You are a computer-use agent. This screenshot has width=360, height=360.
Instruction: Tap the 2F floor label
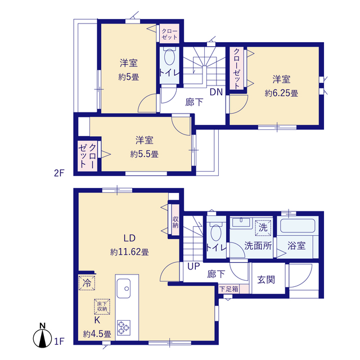pyautogui.click(x=58, y=173)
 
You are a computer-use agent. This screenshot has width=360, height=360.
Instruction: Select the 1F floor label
pyautogui.click(x=59, y=341)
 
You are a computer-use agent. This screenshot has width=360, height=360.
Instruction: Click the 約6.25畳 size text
pyautogui.click(x=281, y=93)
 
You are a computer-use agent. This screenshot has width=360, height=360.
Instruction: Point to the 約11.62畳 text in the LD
pyautogui.click(x=129, y=252)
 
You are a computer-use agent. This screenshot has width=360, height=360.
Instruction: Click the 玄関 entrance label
pyautogui.click(x=266, y=280)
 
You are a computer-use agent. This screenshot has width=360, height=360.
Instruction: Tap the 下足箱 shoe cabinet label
pyautogui.click(x=229, y=289)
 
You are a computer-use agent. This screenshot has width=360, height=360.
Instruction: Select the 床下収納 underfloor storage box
pyautogui.click(x=102, y=307)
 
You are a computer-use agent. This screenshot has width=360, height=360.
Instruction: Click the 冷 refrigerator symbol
pyautogui.click(x=87, y=283)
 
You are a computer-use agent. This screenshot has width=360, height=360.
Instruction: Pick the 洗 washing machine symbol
pyautogui.click(x=263, y=228)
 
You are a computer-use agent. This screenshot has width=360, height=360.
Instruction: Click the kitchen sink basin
pyautogui.click(x=124, y=289)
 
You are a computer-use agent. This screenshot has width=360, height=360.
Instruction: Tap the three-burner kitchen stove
pyautogui.click(x=124, y=328)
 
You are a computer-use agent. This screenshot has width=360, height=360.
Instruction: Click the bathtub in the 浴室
pyautogui.click(x=298, y=226)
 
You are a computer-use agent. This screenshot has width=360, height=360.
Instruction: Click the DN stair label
pyautogui.click(x=216, y=92)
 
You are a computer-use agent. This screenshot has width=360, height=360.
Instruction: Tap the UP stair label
pyautogui.click(x=193, y=266)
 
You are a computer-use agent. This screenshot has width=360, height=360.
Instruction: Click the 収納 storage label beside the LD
pyautogui.click(x=175, y=222)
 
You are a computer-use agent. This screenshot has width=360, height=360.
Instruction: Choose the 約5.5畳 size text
pyautogui.click(x=145, y=154)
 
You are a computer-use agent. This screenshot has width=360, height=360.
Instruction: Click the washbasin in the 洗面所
pyautogui.click(x=241, y=222)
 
